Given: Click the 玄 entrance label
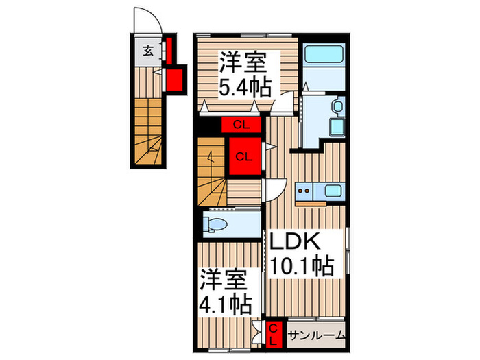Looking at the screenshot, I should click(147, 51).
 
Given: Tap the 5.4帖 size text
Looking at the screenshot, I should click(244, 87).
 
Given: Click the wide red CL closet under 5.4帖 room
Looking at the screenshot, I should click(241, 125).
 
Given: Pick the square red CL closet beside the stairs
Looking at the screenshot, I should click(243, 155).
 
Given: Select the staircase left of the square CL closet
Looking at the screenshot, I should click(212, 171).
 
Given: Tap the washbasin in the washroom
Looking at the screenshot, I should click(337, 106).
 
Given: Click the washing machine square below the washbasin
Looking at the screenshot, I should click(337, 128).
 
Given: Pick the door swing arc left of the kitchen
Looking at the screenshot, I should click(275, 188).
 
